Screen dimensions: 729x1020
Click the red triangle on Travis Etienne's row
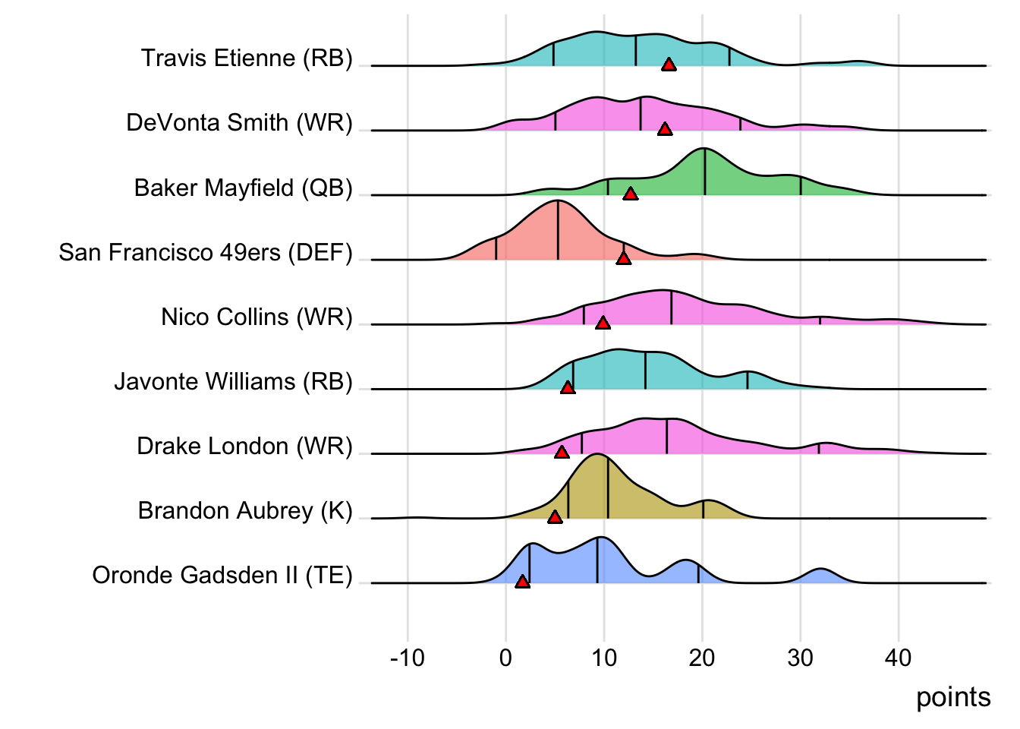pyautogui.click(x=669, y=65)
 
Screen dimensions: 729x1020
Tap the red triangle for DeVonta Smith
pyautogui.click(x=665, y=129)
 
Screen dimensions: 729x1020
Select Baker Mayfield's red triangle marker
pyautogui.click(x=630, y=194)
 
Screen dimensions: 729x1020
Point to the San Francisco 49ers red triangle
pyautogui.click(x=624, y=258)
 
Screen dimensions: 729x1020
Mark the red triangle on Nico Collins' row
pyautogui.click(x=603, y=323)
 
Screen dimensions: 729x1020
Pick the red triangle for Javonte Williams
pyautogui.click(x=568, y=387)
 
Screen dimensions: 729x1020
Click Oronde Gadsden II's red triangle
pyautogui.click(x=522, y=582)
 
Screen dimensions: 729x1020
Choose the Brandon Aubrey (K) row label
pyautogui.click(x=245, y=511)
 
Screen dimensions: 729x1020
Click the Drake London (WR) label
pyautogui.click(x=244, y=447)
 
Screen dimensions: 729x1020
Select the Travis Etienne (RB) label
pyautogui.click(x=247, y=58)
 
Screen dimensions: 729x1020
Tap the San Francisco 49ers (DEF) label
pyautogui.click(x=206, y=252)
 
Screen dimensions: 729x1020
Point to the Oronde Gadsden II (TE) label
pyautogui.click(x=222, y=576)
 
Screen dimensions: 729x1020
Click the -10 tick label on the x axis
pyautogui.click(x=408, y=658)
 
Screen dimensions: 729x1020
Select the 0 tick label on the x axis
pyautogui.click(x=506, y=658)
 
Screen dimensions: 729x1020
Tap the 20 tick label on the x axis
pyautogui.click(x=702, y=658)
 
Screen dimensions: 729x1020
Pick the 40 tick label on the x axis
pyautogui.click(x=899, y=658)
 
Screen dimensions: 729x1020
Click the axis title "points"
pyautogui.click(x=953, y=697)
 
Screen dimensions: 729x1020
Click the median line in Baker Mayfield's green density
pyautogui.click(x=705, y=172)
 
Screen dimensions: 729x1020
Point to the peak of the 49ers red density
pyautogui.click(x=558, y=202)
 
